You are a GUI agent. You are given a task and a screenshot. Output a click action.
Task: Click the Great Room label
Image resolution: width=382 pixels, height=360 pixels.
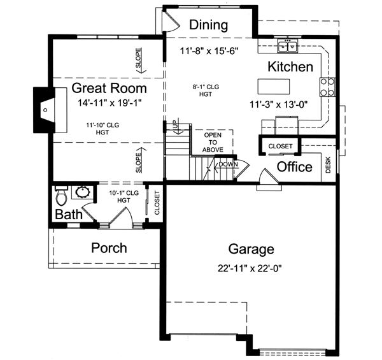[109, 87]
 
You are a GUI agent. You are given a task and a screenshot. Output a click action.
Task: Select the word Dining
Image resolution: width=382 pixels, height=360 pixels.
[209, 25]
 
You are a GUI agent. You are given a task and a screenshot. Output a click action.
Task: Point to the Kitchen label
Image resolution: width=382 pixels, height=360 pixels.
[290, 67]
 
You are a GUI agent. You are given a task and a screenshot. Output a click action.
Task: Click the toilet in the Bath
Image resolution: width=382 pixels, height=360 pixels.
[60, 194]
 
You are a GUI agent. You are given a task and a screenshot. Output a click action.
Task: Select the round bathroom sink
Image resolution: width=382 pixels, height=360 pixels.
[82, 191]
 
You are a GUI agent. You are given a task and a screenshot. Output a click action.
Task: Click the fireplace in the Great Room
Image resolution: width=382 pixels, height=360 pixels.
[45, 110]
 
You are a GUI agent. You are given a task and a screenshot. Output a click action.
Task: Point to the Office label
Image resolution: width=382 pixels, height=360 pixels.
[295, 167]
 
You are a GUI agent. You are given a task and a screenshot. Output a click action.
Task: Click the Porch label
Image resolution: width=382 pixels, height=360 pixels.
[109, 247]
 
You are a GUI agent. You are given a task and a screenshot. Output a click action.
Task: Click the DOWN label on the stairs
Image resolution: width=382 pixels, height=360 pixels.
[227, 164]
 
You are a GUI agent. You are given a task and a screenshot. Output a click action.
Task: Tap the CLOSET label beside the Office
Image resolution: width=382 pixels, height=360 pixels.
[280, 146]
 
